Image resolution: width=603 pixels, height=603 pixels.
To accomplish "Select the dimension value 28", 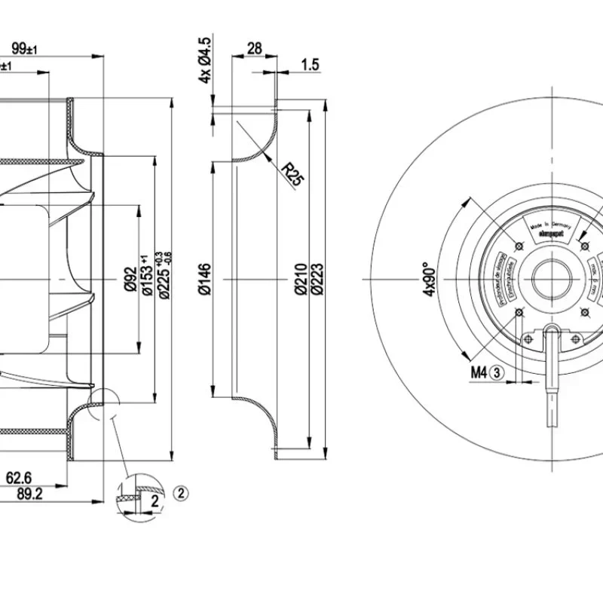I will [x=254, y=49].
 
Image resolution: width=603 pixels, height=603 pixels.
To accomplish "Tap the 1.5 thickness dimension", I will [x=310, y=65].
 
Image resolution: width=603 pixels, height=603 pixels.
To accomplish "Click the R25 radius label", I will [x=292, y=174].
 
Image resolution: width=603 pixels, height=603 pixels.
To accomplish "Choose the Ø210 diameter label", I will [x=301, y=279].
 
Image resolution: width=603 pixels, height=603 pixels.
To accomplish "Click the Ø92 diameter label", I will [x=130, y=279].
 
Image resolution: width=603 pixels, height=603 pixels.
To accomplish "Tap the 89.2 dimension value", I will [x=30, y=494].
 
